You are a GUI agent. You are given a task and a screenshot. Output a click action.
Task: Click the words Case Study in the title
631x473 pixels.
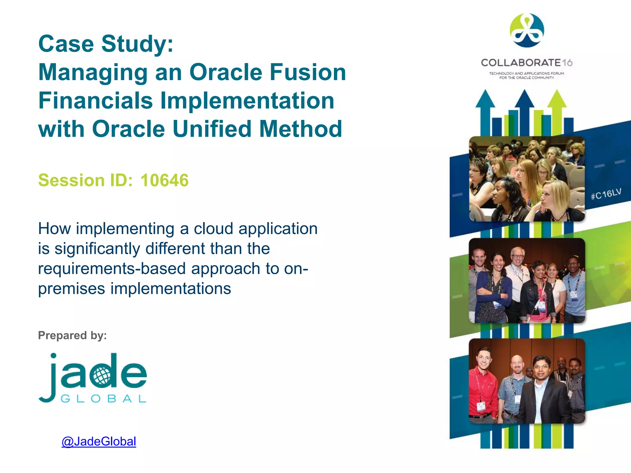coord(106,44)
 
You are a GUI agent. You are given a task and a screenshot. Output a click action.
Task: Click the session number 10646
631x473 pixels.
coord(164,180)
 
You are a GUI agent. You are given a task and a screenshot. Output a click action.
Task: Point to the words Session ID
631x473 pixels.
coord(85,180)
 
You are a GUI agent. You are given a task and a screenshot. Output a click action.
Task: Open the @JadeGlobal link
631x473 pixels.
coord(99,442)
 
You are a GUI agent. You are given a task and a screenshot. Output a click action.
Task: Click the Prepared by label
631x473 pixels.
coord(72,335)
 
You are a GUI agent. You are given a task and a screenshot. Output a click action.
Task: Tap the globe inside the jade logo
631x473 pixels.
coord(101,376)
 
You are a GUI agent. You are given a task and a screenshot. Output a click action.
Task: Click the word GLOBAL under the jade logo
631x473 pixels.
coord(103,399)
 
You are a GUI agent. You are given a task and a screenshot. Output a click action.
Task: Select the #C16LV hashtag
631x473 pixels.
coord(606,194)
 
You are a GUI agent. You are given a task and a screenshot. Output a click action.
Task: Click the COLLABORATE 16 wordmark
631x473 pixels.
coord(527,63)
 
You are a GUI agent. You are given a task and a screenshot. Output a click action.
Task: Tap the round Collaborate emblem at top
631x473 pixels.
coord(527,30)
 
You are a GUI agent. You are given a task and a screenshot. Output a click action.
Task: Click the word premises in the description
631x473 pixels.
coord(71,289)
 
